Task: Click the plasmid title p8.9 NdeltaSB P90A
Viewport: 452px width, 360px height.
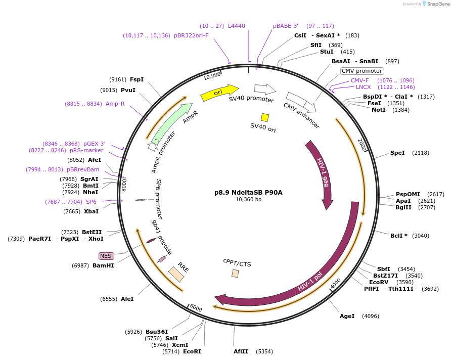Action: (248, 192)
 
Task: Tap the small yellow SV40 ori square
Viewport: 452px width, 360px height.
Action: (265, 117)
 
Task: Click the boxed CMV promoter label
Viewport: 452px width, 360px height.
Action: (362, 71)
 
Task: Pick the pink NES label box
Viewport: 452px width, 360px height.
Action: (106, 256)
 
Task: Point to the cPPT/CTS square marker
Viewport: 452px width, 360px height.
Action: (235, 273)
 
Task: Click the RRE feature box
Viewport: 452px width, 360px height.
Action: (176, 274)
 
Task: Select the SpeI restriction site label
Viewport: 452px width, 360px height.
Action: (397, 153)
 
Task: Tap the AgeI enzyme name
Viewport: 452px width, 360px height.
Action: (347, 317)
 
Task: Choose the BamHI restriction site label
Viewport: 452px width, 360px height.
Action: (103, 265)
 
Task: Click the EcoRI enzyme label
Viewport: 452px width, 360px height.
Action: (192, 351)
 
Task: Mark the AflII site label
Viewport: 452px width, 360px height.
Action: (241, 351)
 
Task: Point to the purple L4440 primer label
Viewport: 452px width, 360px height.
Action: (237, 26)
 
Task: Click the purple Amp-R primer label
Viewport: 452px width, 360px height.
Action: (115, 104)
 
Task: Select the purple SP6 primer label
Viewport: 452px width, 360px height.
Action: (91, 202)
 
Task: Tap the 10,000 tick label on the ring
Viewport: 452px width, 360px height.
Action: (212, 76)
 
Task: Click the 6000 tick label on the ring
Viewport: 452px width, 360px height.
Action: (195, 308)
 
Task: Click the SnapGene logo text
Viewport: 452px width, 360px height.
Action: (438, 4)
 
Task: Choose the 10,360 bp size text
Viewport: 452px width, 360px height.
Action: (248, 200)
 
